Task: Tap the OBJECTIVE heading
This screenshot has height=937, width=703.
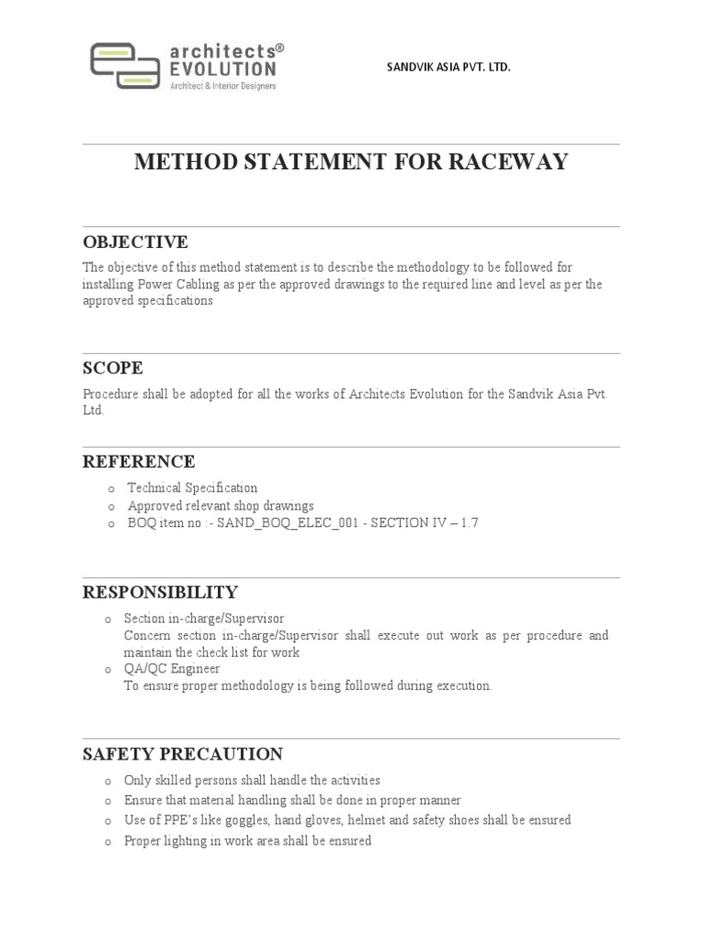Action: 135,242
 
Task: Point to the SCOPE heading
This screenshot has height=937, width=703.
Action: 113,369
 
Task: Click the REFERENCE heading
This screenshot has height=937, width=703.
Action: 139,462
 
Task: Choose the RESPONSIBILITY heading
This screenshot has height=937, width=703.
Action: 160,592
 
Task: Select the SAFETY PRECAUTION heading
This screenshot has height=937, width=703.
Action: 183,755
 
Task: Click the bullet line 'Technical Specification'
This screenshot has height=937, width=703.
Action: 192,488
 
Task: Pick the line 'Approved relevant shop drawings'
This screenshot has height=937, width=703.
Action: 221,505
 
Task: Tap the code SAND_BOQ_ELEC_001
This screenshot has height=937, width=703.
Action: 285,523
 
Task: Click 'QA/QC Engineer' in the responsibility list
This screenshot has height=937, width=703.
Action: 172,669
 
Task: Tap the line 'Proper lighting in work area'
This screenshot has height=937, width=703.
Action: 247,841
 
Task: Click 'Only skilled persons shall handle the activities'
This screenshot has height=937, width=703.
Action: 252,781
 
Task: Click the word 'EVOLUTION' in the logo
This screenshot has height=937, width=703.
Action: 222,69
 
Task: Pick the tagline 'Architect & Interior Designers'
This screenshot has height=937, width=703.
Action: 222,86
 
